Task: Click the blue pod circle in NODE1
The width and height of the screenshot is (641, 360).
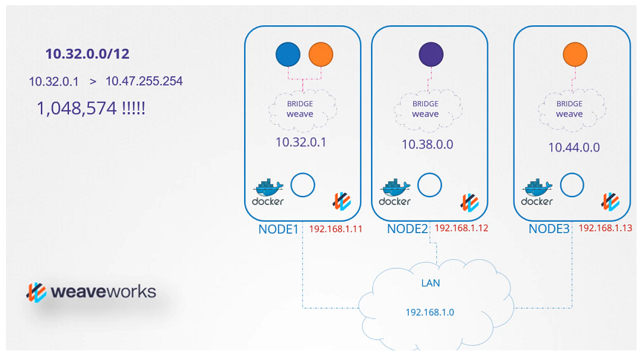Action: [288, 54]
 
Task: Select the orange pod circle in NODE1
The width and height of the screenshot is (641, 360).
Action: [320, 54]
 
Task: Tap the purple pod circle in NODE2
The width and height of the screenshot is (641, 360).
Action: [430, 54]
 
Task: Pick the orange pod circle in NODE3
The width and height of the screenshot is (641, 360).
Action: [575, 54]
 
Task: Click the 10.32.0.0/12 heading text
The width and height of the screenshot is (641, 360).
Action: [88, 53]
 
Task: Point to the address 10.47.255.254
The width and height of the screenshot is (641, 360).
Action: [144, 81]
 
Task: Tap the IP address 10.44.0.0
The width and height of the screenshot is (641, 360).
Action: [573, 147]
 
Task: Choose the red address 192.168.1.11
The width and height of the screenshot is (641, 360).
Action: [335, 229]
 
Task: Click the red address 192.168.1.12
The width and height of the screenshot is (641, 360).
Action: [461, 228]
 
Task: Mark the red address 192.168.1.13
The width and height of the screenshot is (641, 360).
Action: [605, 228]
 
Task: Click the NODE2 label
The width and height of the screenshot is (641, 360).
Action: [407, 229]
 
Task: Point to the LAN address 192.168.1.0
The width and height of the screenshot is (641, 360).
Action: [430, 312]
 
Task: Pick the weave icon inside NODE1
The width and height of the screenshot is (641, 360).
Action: [341, 200]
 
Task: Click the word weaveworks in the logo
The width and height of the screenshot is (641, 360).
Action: [103, 291]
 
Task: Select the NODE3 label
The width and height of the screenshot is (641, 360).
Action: [549, 229]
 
